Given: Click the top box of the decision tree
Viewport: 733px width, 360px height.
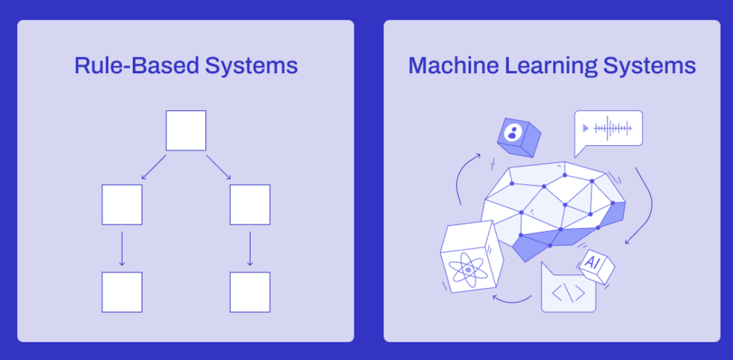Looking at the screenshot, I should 185,130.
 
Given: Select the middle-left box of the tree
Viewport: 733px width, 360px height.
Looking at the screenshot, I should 122,205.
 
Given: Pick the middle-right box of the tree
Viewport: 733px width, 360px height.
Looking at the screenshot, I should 250,205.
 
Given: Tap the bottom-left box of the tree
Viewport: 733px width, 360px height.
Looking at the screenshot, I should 122,292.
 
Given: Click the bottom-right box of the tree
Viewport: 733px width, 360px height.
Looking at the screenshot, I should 250,292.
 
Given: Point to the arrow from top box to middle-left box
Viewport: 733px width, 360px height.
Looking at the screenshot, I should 153,168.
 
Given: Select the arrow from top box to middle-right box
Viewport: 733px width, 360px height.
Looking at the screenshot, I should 218,168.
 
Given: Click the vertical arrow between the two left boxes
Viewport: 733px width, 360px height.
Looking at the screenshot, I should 122,248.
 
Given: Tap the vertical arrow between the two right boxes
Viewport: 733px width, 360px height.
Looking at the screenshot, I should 250,248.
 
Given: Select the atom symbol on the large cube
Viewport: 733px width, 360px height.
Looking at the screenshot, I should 468,270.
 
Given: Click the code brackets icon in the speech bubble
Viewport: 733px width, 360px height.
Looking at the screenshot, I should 568,294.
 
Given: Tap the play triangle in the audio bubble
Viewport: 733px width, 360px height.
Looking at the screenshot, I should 585,128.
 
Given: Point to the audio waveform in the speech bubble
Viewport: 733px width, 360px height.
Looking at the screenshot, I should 613,128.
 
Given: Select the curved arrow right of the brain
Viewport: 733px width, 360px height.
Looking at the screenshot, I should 643,205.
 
